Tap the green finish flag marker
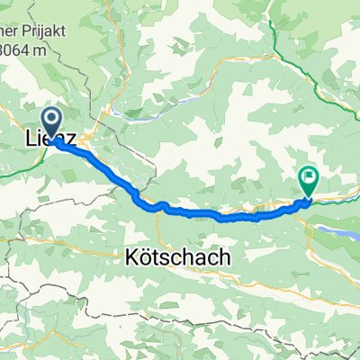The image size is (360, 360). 309,181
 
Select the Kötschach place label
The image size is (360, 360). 174,257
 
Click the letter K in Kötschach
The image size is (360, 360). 125,257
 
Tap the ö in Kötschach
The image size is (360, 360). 138,257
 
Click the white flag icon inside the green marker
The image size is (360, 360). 309,177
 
